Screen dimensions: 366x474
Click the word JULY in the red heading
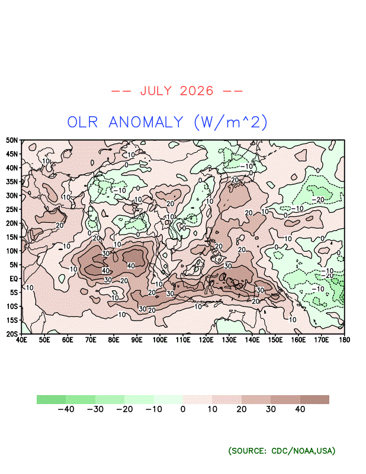[156, 91]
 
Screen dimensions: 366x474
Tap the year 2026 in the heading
[197, 91]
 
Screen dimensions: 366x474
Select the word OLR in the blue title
[82, 123]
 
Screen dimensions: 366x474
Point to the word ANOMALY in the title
[146, 123]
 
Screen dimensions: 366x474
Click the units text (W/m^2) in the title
[230, 122]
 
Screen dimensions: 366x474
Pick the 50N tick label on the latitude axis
[12, 140]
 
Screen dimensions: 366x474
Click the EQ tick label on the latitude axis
[14, 278]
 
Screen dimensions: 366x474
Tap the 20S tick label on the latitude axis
[12, 334]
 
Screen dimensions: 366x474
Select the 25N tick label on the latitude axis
[12, 210]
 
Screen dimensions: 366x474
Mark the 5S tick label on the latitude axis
[14, 292]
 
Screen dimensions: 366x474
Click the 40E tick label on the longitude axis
[21, 340]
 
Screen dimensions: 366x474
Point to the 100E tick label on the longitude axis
[160, 340]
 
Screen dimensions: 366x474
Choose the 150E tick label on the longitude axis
[275, 340]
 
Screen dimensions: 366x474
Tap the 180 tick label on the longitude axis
[344, 340]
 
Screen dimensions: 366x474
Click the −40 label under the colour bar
[66, 409]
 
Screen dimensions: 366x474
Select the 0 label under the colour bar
[183, 409]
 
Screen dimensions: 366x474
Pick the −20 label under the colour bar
[124, 409]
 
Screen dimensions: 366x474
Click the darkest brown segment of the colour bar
[314, 399]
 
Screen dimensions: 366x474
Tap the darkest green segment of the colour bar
[52, 399]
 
